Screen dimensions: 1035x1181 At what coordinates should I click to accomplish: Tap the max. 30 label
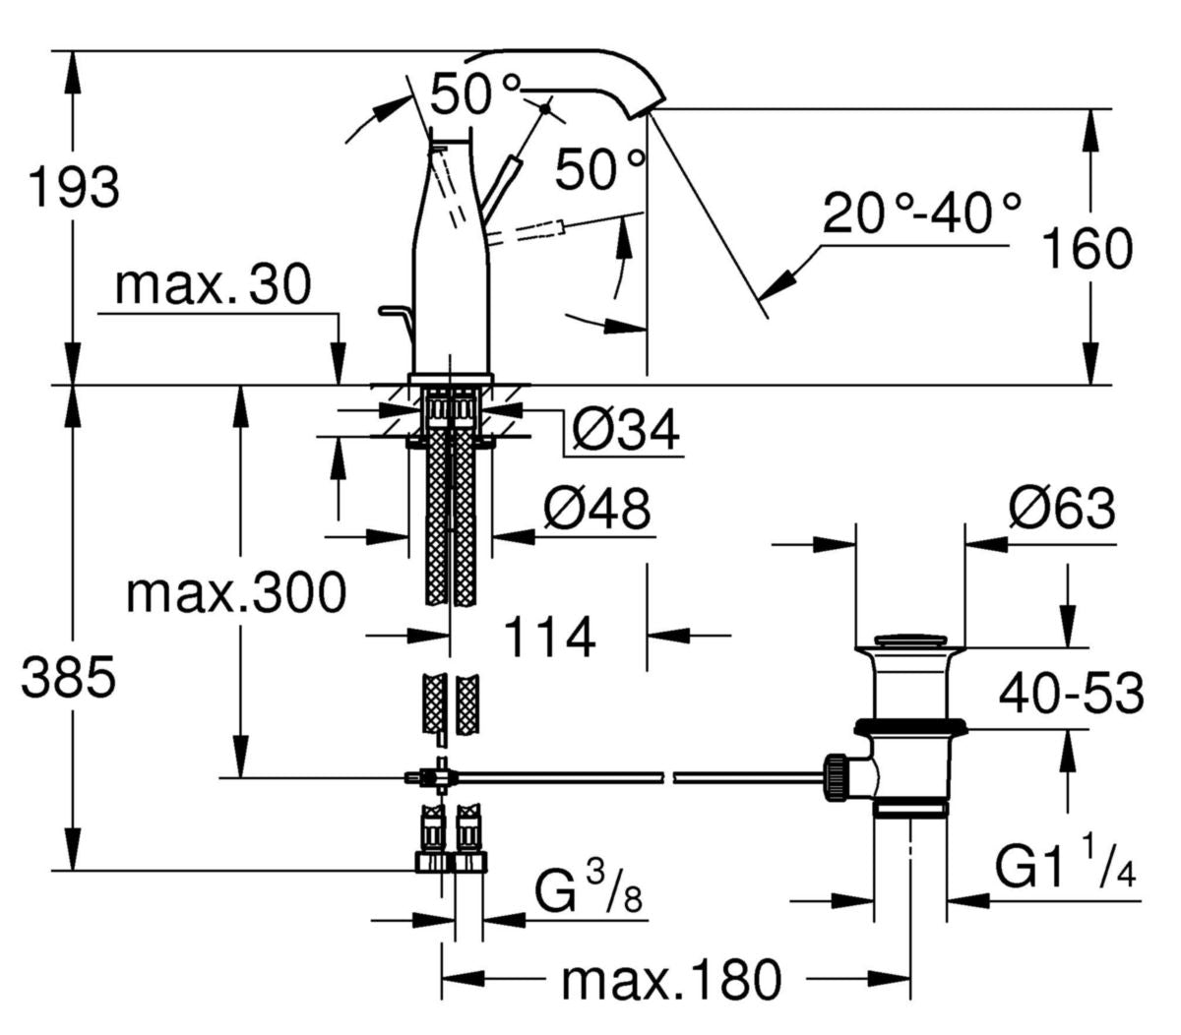tap(213, 285)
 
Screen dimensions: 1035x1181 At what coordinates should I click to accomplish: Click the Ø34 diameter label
tap(626, 431)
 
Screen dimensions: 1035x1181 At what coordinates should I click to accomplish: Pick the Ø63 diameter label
tap(1061, 510)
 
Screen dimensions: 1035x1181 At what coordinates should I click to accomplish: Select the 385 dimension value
tap(69, 679)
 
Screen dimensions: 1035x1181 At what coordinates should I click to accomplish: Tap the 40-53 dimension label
tap(1071, 695)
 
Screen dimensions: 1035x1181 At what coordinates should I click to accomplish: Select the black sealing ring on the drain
tap(910, 726)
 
